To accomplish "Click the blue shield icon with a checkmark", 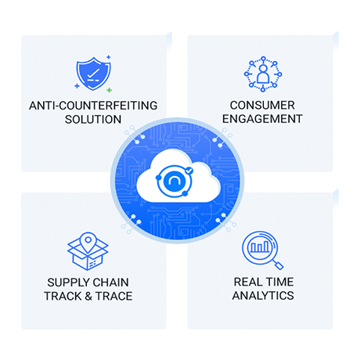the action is (x=93, y=74).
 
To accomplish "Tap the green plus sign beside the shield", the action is (x=110, y=90).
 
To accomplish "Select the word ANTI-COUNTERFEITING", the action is (x=93, y=106).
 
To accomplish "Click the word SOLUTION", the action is (x=93, y=120).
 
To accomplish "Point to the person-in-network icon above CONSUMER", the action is (x=263, y=74).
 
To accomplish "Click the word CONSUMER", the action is (x=262, y=106).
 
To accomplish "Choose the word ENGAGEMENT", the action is (x=262, y=119).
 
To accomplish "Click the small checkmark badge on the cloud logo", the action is (x=189, y=171).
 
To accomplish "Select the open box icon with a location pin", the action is (x=88, y=251).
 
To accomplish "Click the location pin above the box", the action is (x=88, y=241).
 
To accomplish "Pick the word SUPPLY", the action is (x=68, y=283).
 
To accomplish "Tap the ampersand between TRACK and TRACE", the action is (x=88, y=297).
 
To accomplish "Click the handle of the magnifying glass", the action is (x=278, y=264).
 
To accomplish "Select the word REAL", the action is (x=247, y=282).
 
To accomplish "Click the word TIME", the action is (x=279, y=282).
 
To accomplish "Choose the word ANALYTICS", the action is (x=263, y=296).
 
